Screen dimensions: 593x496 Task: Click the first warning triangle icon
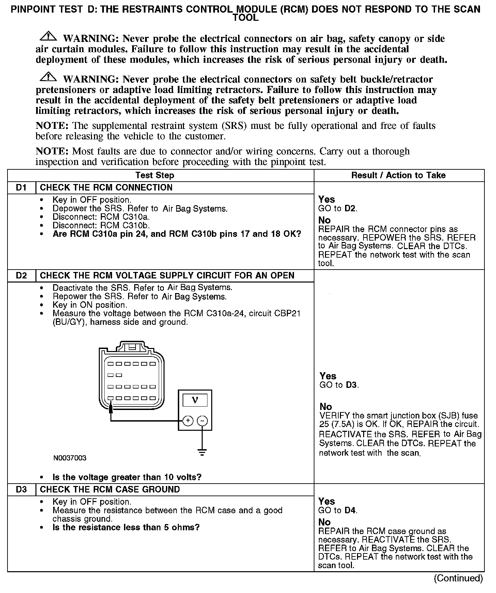click(x=48, y=36)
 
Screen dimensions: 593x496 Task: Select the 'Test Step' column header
click(x=155, y=176)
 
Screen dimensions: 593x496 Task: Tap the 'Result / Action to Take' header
click(x=398, y=176)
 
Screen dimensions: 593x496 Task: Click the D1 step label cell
click(x=21, y=188)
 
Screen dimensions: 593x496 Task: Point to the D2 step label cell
click(x=21, y=276)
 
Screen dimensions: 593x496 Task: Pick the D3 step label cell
click(x=21, y=490)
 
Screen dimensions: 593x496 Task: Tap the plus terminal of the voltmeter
click(x=188, y=421)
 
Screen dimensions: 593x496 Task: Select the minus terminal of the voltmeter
click(x=202, y=421)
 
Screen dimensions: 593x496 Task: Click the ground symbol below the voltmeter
click(x=202, y=453)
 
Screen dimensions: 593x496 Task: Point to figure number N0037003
click(x=70, y=458)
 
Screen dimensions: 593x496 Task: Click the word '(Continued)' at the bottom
click(x=458, y=578)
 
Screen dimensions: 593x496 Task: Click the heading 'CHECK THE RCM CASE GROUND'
click(x=110, y=490)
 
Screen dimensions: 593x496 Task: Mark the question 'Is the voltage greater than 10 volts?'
click(x=127, y=477)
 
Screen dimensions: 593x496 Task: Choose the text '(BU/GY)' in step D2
click(x=68, y=322)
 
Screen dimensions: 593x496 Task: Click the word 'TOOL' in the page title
click(x=245, y=18)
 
